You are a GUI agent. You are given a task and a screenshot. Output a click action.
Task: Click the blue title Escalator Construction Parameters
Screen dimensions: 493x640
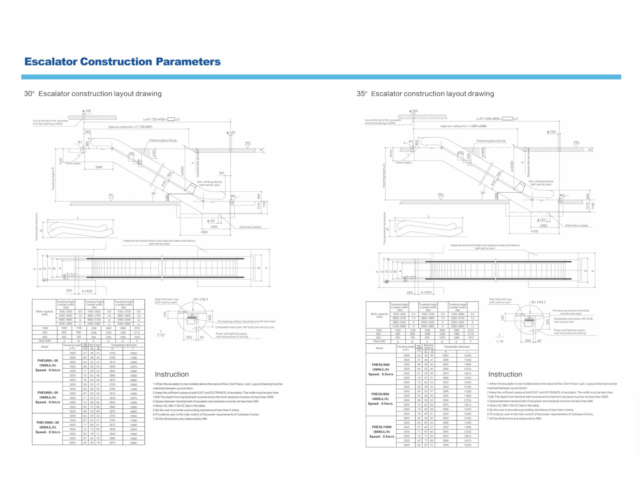122,62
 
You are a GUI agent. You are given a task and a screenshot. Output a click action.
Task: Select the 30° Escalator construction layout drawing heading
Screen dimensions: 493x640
93,94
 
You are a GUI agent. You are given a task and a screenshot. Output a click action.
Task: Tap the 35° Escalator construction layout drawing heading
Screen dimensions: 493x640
425,94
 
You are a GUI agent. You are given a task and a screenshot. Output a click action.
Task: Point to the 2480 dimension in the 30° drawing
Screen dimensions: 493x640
99,167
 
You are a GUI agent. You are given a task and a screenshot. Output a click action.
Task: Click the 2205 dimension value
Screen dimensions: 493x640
214,227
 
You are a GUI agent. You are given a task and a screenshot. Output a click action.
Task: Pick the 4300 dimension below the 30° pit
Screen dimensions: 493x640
204,232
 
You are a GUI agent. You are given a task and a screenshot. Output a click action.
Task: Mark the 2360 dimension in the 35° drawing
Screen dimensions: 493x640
544,226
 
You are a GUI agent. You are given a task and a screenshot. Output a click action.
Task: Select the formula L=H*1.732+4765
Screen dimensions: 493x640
155,119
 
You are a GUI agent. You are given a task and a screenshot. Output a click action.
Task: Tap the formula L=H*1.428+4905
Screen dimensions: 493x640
489,119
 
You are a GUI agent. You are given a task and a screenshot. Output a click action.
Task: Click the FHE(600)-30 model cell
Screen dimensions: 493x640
47,360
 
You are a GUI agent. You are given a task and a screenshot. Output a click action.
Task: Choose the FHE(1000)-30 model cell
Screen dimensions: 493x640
47,422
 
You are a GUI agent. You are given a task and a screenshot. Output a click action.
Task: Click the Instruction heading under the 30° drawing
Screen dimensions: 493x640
172,374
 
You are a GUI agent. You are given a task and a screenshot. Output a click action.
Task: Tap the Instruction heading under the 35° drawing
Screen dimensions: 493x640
505,374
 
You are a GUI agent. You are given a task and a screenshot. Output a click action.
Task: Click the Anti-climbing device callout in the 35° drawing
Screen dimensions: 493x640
541,182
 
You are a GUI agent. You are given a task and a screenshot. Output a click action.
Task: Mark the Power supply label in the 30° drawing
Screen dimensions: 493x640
73,163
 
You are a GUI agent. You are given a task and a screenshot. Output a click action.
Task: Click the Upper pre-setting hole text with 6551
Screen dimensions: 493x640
130,127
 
